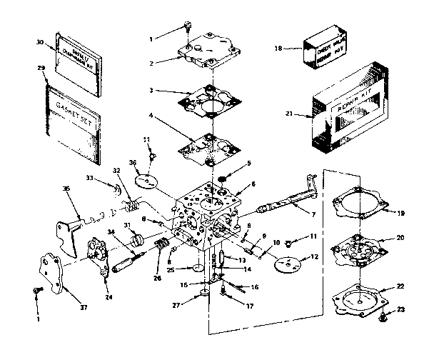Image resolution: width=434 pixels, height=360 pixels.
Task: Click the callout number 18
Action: tap(279, 49)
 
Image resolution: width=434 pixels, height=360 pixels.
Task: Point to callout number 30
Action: tap(40, 42)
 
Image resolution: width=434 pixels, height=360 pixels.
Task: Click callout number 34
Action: tap(111, 231)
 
